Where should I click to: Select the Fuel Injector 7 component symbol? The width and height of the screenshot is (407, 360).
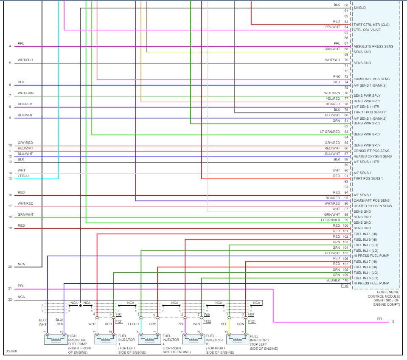coord(237,339)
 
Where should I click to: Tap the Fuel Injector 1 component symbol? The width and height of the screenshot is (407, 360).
coord(104,339)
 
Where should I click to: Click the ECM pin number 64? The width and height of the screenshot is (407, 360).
coord(346,27)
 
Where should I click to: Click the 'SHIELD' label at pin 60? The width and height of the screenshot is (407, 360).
coord(359,8)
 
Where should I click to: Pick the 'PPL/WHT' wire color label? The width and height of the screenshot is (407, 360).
coord(333,27)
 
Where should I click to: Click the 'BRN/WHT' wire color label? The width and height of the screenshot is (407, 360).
coord(333,49)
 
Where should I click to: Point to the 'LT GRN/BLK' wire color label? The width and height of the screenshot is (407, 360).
coord(331,220)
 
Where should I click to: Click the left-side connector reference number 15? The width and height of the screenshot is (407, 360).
coord(10,178)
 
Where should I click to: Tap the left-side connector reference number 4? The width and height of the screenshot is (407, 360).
coord(10,46)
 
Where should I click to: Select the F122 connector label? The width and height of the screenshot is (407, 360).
coord(207,322)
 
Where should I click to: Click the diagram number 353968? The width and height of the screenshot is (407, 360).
coord(11,352)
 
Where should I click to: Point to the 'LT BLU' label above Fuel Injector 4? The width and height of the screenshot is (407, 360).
coord(133,324)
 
